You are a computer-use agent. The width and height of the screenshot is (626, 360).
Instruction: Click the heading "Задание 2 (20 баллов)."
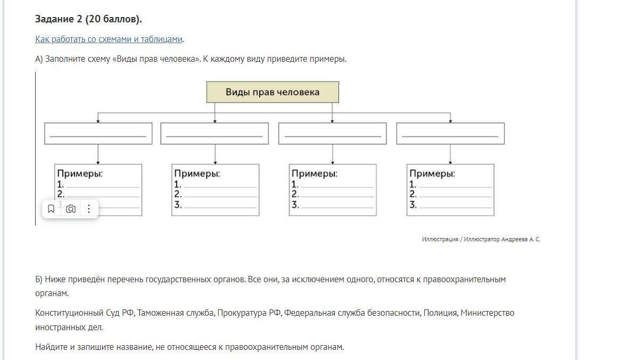88,19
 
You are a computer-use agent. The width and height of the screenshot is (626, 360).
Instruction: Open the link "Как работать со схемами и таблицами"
109,39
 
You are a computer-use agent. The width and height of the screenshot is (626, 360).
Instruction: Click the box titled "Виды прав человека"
272,92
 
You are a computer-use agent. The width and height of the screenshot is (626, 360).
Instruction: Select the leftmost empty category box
98,133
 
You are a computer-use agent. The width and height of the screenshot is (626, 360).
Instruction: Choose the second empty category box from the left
215,133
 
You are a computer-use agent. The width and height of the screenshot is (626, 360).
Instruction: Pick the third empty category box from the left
332,133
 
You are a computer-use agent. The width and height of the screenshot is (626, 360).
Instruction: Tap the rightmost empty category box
450,133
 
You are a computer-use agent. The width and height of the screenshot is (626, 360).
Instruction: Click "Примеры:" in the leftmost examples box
80,174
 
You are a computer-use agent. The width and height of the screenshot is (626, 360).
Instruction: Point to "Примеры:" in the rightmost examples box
432,174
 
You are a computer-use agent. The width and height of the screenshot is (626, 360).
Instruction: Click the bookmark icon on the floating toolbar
51,209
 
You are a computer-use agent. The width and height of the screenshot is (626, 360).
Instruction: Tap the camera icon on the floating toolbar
70,209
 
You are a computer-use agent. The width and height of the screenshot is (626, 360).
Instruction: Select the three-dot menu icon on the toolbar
89,209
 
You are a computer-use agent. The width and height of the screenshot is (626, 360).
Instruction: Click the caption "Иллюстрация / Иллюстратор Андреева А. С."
481,240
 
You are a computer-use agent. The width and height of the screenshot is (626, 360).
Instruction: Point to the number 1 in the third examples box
294,184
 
